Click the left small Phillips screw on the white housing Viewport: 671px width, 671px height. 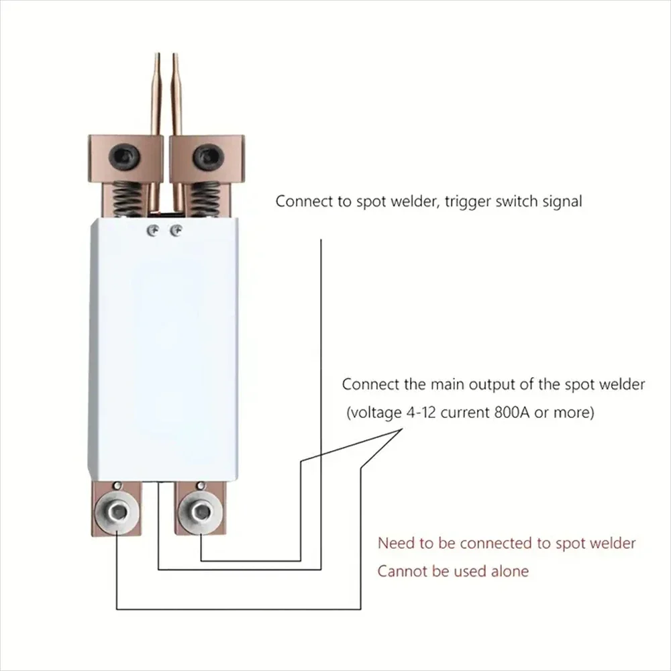[x=154, y=231]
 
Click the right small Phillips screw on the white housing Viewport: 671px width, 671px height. [x=176, y=231]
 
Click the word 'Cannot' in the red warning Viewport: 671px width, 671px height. [x=400, y=572]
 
